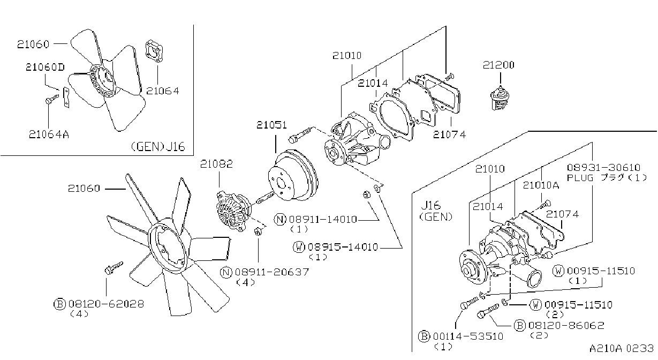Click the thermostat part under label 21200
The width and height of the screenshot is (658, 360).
coord(500,98)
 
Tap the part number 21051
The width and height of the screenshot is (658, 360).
coord(271,125)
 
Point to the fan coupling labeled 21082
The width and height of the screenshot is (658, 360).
coord(234,211)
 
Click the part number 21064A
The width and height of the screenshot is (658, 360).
coord(49,134)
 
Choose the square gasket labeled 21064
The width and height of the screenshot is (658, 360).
coord(154,51)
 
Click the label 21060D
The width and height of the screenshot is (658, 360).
coord(45,67)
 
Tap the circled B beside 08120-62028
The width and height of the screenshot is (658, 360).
coord(59,304)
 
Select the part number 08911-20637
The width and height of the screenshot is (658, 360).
coord(272,272)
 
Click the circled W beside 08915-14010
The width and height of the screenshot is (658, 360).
coord(299,247)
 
